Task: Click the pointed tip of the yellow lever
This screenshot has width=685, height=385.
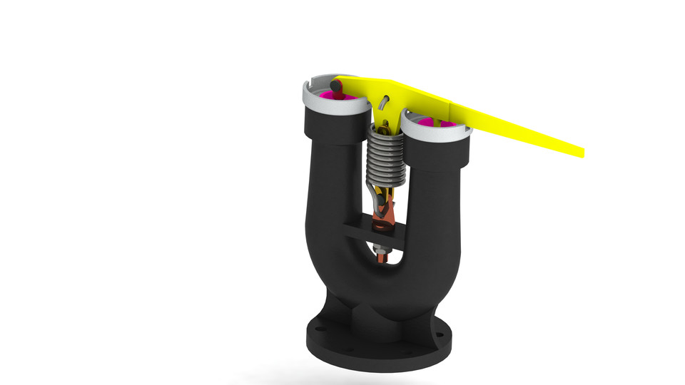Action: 582,152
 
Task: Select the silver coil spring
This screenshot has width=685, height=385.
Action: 385,157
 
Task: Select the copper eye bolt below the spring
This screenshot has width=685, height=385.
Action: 384,214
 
